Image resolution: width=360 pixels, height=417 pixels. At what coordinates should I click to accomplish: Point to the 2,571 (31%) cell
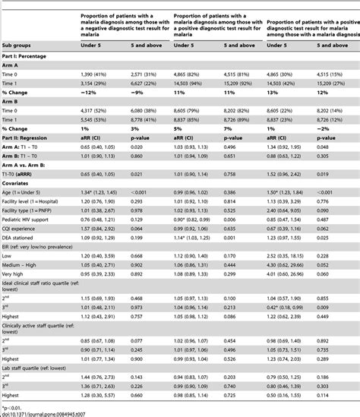tap(140, 90)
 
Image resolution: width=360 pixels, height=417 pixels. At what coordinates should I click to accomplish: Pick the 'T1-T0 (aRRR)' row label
tap(24, 194)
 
